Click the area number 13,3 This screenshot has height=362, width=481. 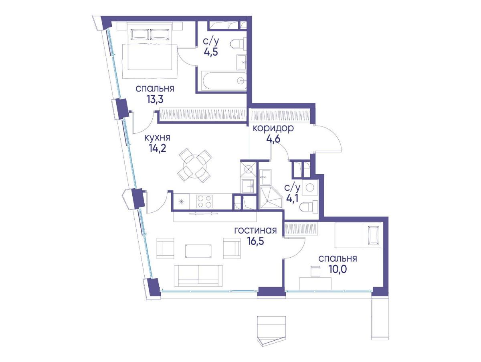pyautogui.click(x=155, y=100)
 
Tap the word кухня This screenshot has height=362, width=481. pyautogui.click(x=157, y=138)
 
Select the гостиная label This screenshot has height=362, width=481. pyautogui.click(x=255, y=230)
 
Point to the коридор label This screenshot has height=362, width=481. pyautogui.click(x=273, y=128)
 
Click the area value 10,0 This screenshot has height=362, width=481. pyautogui.click(x=338, y=269)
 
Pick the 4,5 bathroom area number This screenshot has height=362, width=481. pyautogui.click(x=210, y=53)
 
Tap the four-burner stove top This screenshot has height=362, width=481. pyautogui.click(x=204, y=201)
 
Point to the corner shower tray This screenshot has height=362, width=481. pyautogui.click(x=271, y=197)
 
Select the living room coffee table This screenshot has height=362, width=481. pyautogui.click(x=198, y=251)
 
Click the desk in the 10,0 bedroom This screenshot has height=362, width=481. pyautogui.click(x=315, y=284)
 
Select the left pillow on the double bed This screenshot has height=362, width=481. pyautogui.click(x=140, y=34)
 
